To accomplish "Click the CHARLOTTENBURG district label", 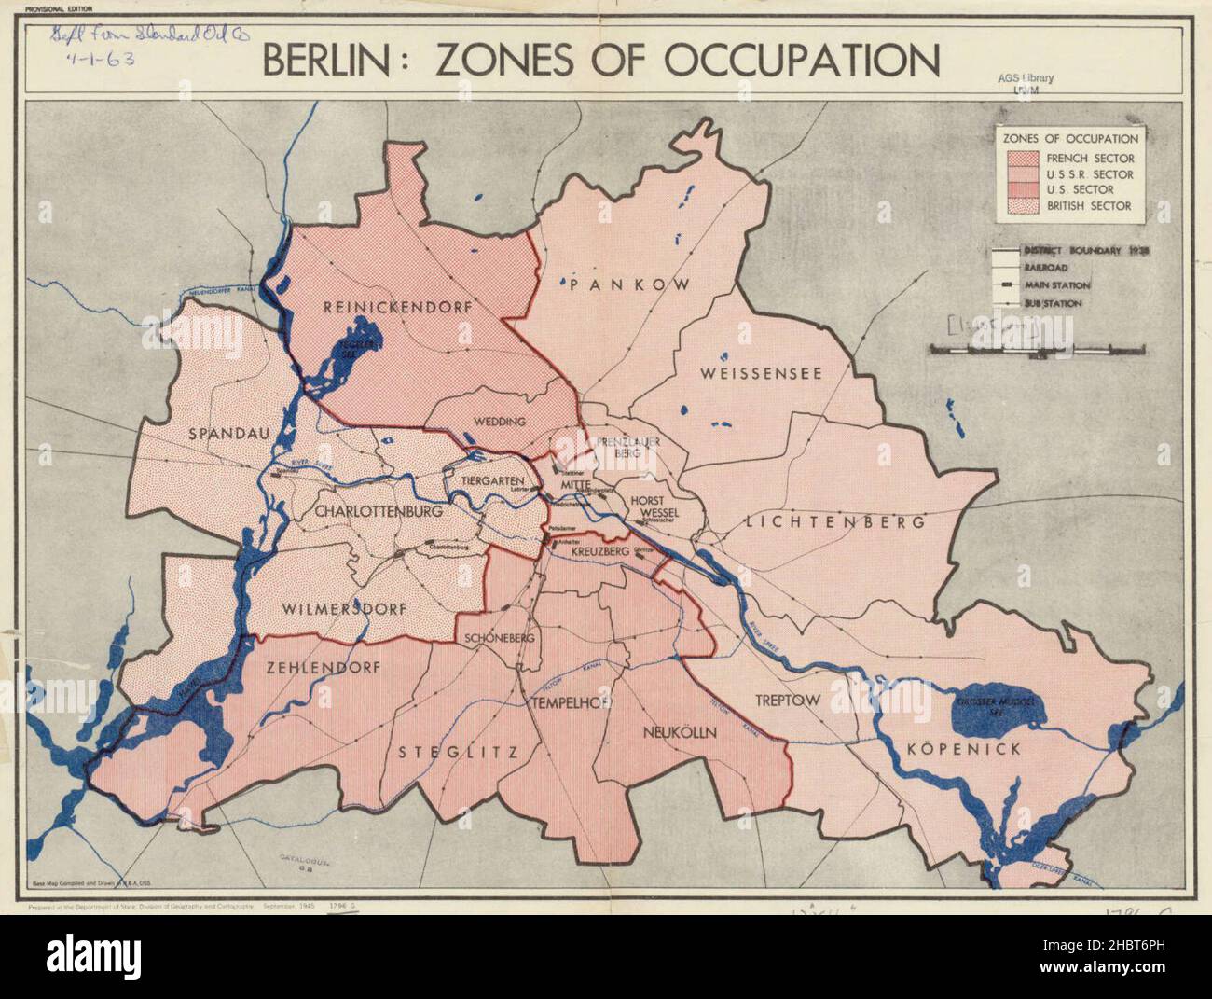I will [x=378, y=511].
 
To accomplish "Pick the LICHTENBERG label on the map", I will [x=835, y=522].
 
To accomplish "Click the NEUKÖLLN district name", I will [x=679, y=733].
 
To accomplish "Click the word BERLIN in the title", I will [x=331, y=60].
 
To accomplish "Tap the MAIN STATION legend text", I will [x=1058, y=285].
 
